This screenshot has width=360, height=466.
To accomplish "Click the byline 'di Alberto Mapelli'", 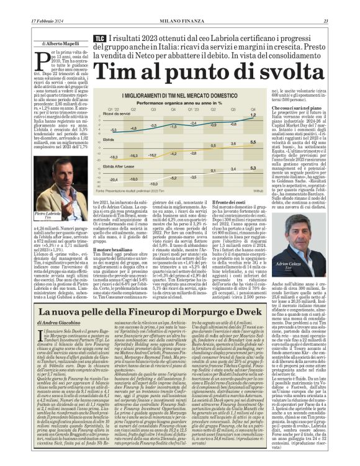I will (x=61, y=45).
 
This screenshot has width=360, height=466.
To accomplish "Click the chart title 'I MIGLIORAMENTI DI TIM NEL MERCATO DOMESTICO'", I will (x=181, y=95).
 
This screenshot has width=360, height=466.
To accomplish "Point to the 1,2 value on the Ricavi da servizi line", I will (x=253, y=116).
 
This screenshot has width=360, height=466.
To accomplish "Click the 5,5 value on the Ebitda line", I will (x=253, y=142).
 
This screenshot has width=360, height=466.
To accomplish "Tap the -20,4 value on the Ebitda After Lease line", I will (x=113, y=178).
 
